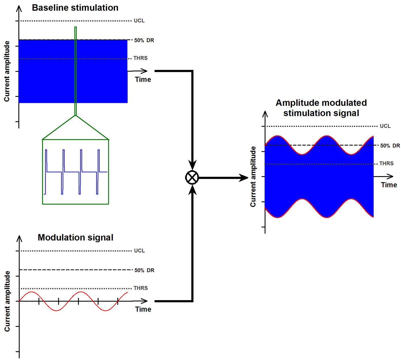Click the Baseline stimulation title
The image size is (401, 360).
point(75,8)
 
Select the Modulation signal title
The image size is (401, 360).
point(75,238)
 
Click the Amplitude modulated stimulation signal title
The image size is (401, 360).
point(321,108)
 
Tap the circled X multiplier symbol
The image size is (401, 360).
point(192,178)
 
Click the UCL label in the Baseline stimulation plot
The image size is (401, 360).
point(139,21)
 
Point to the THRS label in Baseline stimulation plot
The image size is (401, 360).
point(140,58)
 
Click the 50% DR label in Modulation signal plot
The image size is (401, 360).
point(144,270)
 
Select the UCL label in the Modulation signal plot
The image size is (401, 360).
point(140,251)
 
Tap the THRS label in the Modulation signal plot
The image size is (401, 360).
point(141,288)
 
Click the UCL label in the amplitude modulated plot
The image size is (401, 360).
point(385,126)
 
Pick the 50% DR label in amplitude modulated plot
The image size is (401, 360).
point(390,146)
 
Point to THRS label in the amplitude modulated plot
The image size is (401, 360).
point(387,164)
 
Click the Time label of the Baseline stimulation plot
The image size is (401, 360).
point(143,80)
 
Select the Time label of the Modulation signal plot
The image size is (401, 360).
point(143,309)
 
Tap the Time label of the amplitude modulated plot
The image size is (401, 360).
point(389,185)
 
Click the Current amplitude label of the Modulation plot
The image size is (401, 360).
point(7,301)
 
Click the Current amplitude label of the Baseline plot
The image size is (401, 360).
point(7,71)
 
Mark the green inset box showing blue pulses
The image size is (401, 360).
point(76,172)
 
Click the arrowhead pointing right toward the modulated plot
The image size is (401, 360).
point(244,178)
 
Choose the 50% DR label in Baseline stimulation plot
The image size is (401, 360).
point(144,40)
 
